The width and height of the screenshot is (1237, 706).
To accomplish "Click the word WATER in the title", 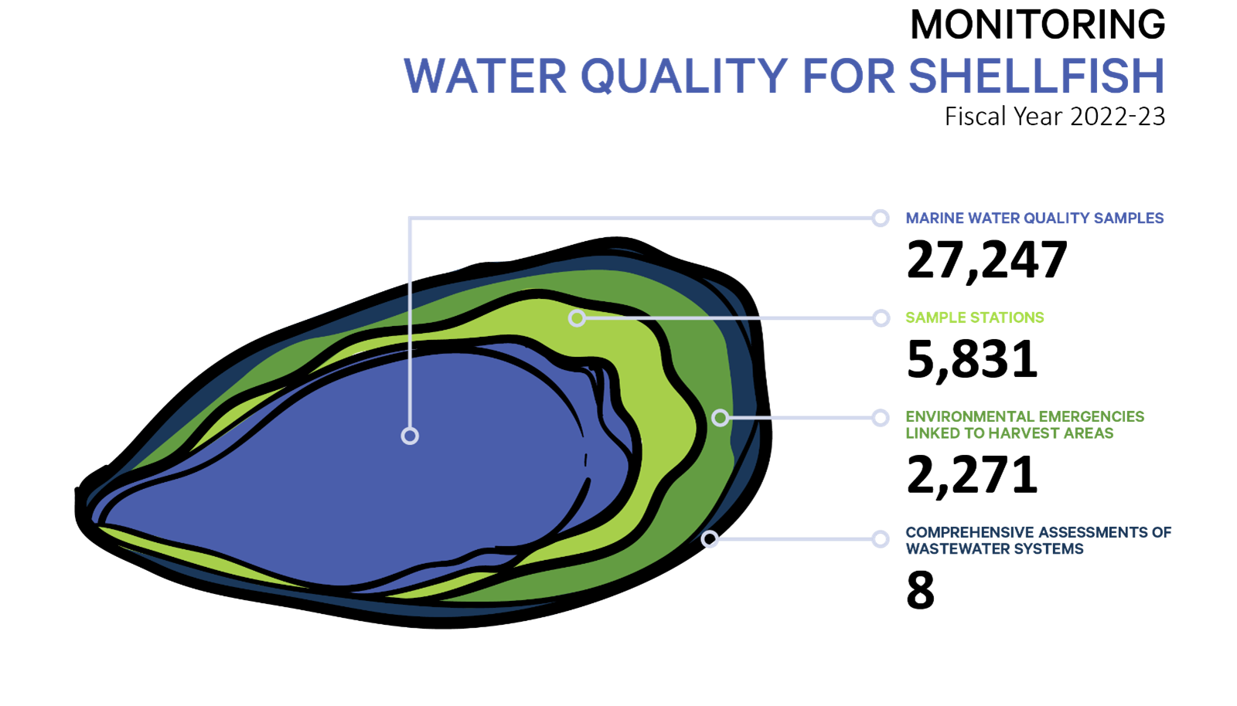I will click(486, 76).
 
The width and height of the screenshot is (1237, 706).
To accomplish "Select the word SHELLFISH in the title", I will click(1036, 76).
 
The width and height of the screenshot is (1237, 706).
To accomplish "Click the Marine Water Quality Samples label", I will click(1034, 219).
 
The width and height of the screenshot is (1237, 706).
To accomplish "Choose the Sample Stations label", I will click(974, 317).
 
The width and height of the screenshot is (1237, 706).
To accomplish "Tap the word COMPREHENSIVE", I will click(969, 533).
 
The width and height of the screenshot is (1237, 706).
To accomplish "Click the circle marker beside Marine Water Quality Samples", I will click(880, 219).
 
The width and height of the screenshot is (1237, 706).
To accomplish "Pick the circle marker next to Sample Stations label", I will click(881, 317).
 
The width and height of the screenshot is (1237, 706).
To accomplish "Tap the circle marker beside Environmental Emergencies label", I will click(880, 418).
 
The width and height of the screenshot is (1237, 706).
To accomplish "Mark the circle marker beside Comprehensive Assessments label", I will click(880, 538).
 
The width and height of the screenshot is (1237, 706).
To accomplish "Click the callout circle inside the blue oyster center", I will click(410, 436).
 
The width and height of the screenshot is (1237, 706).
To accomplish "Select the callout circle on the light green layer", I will click(577, 317).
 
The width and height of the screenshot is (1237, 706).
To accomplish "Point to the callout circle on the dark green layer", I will click(720, 418).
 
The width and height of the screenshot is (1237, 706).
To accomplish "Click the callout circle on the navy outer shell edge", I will click(710, 538).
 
